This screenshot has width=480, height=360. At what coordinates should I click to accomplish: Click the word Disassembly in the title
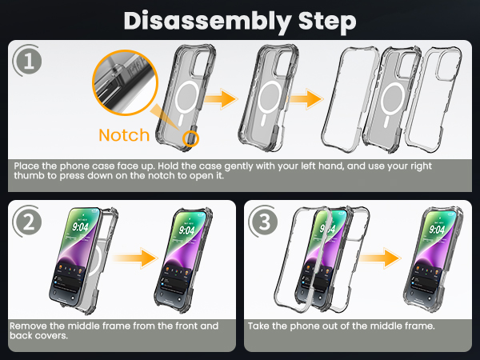point(207,22)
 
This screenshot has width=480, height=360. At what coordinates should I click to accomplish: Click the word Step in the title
point(327,22)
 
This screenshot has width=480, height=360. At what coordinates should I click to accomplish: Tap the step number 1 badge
point(27,61)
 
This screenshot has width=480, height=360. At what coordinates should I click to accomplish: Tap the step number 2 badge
point(27,221)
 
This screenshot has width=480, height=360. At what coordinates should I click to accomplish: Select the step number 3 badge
point(263,221)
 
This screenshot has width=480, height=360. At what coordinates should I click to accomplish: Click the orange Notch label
point(124,135)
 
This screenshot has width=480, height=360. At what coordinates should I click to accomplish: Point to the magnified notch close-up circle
point(125,82)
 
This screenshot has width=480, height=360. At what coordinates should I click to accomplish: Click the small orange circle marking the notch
point(190,138)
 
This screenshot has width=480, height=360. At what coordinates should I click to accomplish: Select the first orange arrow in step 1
point(221,99)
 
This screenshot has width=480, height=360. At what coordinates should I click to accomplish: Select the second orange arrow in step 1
point(306,99)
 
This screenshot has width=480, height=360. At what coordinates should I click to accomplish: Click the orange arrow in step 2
point(135,258)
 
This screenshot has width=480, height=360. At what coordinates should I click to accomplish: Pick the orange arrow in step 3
point(379,258)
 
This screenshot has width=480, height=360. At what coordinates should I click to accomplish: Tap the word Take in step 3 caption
point(258,326)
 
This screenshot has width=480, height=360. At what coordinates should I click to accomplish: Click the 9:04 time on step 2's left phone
point(80,227)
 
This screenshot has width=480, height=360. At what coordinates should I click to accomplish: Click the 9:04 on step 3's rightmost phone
point(437,229)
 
